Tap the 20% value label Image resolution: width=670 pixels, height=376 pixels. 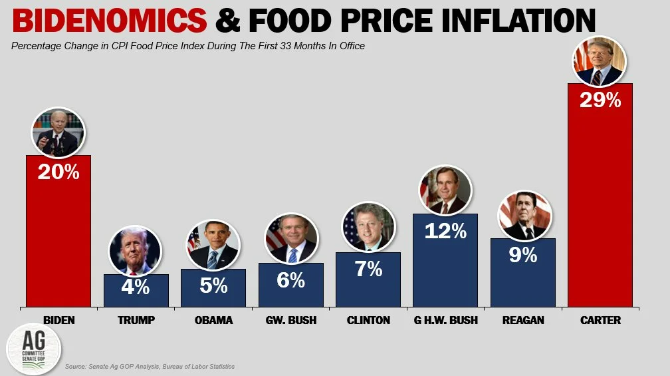(x=58, y=172)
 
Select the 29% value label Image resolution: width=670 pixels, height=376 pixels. (x=600, y=100)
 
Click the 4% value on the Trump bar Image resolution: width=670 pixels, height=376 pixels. (x=136, y=288)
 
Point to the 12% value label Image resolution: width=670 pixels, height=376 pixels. (x=445, y=231)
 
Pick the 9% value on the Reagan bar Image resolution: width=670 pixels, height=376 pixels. (x=522, y=255)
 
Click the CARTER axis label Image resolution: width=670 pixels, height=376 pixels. (x=600, y=320)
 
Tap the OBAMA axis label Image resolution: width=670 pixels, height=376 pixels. (x=213, y=320)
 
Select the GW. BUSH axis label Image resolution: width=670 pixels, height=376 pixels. (x=291, y=320)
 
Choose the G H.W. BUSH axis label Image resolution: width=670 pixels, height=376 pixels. (x=445, y=320)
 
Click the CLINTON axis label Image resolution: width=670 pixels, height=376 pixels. (x=368, y=320)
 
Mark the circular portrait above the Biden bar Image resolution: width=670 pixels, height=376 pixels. (x=58, y=132)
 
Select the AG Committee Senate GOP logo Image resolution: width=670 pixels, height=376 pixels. (x=33, y=349)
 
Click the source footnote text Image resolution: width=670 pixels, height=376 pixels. (x=150, y=367)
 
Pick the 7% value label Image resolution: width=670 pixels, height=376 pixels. (x=368, y=269)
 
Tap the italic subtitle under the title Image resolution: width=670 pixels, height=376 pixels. (x=188, y=46)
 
